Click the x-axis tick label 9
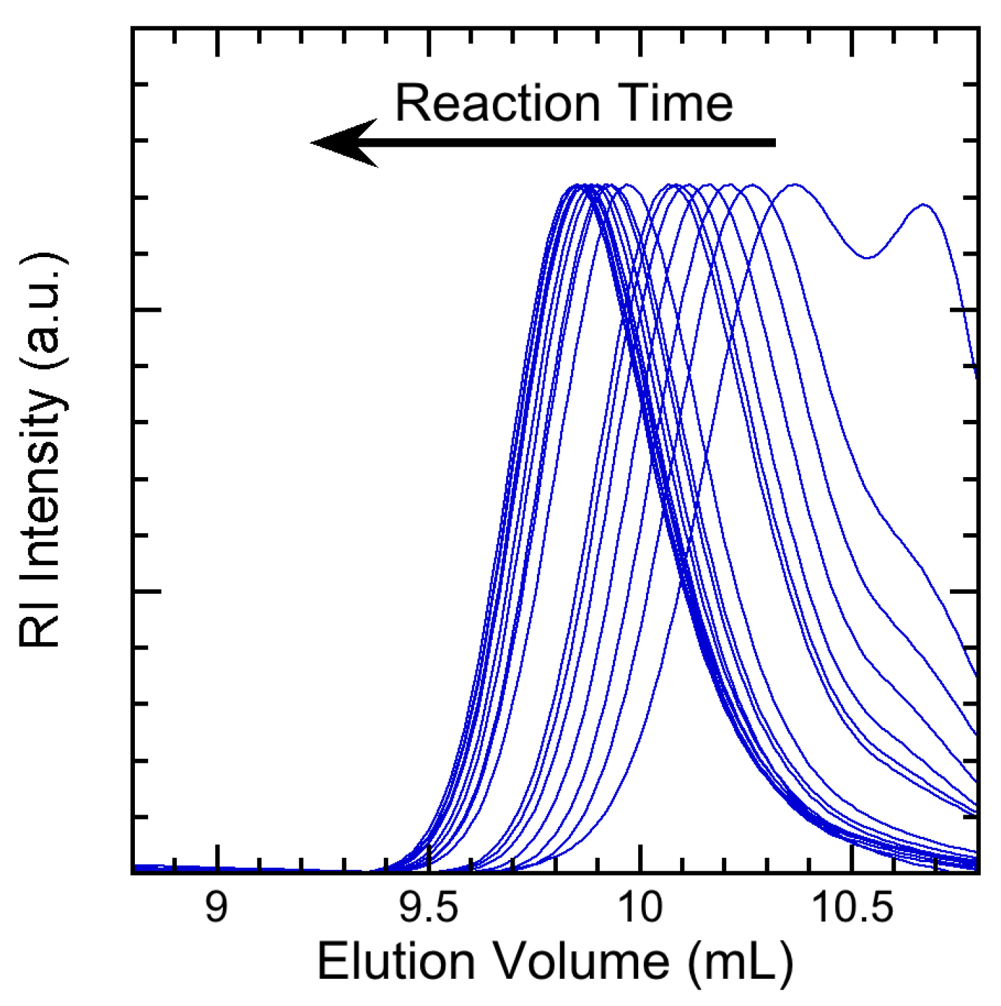(217, 909)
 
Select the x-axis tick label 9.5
(428, 909)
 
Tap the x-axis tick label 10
(640, 909)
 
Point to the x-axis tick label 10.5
(851, 909)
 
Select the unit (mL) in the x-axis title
(740, 963)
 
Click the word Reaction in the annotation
(497, 103)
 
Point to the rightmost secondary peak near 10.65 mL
(923, 205)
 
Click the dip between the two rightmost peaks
(867, 258)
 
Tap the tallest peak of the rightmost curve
(794, 185)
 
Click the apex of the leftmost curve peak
(577, 186)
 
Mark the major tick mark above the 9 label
(218, 859)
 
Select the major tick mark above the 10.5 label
(851, 859)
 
